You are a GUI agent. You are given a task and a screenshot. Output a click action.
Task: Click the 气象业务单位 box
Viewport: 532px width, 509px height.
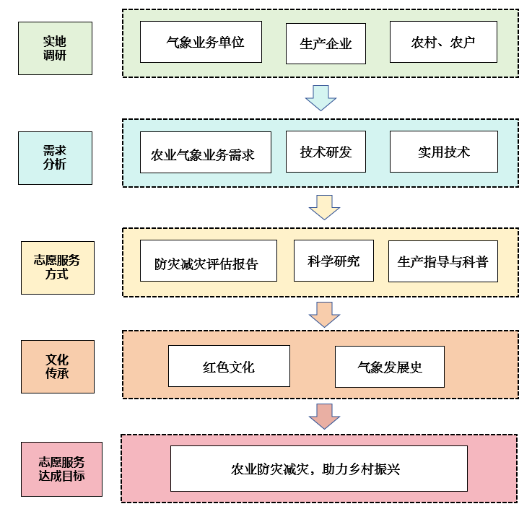(x=201, y=42)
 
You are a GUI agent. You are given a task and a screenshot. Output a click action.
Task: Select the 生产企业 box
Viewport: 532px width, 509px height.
(x=326, y=43)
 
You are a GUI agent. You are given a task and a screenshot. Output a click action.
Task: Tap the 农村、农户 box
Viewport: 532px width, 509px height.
(x=443, y=42)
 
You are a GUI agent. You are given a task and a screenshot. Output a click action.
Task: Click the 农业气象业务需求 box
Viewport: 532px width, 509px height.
(x=206, y=152)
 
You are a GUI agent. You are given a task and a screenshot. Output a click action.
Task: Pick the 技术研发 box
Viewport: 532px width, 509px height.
(x=326, y=152)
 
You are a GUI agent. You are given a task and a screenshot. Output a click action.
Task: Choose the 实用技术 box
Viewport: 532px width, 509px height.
(x=443, y=152)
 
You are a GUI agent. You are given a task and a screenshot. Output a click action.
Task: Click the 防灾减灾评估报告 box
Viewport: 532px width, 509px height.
(x=208, y=261)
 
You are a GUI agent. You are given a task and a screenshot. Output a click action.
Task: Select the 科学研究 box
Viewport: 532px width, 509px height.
(x=333, y=260)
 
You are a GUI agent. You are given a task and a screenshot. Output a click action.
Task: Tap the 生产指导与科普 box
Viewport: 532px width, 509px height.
(x=442, y=261)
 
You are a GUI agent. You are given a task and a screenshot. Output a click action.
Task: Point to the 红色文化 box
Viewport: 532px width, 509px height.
(x=229, y=366)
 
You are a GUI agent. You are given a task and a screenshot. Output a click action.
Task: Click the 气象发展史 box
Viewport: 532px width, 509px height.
(x=389, y=367)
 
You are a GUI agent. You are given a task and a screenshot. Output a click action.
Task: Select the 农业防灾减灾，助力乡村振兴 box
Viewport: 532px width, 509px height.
(x=318, y=469)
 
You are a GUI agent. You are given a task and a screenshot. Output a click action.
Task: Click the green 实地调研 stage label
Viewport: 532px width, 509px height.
(x=55, y=48)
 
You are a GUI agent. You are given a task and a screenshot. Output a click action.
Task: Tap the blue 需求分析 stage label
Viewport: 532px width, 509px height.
(x=55, y=157)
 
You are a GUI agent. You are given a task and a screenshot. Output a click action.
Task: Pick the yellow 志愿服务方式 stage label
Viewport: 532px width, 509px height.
(x=57, y=267)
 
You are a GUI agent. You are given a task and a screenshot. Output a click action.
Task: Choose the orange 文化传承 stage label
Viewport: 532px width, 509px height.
(x=57, y=366)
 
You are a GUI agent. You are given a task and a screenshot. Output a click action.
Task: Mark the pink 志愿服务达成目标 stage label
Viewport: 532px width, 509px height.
(x=61, y=469)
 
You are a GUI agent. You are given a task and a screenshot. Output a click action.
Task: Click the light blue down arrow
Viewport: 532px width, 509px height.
(x=320, y=97)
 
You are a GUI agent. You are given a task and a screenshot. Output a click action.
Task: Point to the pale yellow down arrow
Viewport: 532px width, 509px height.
(x=324, y=207)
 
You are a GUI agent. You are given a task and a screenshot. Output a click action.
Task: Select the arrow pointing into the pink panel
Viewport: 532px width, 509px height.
(x=324, y=417)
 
